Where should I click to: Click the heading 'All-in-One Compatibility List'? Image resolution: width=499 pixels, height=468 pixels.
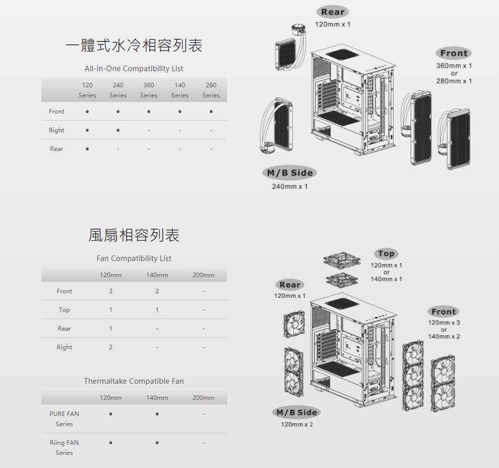click(134, 69)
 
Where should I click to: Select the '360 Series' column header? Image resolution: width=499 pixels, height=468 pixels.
click(149, 90)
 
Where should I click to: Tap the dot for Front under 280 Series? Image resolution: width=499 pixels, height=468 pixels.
click(211, 112)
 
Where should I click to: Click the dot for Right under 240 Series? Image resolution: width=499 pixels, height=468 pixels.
click(118, 130)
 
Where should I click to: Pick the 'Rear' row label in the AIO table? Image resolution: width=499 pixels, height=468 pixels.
click(57, 149)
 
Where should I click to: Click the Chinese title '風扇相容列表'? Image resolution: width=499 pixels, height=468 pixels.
click(134, 235)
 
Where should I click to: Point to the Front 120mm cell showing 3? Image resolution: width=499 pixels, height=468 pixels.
click(110, 291)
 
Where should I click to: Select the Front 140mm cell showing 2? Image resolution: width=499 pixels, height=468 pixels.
click(157, 291)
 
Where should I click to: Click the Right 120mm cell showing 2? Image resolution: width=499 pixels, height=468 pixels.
click(110, 347)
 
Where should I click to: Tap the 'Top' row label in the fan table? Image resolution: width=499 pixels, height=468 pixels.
click(64, 310)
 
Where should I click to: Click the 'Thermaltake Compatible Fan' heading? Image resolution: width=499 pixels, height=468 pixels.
click(134, 381)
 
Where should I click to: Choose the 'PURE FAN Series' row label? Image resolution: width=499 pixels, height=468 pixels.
click(64, 419)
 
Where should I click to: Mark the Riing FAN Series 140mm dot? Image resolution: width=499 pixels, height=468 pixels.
click(157, 443)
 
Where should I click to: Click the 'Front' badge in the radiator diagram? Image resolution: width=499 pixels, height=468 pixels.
click(454, 53)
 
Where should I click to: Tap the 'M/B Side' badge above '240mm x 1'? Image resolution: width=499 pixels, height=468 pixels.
click(290, 173)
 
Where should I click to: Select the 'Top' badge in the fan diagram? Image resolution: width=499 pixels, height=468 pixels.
click(386, 253)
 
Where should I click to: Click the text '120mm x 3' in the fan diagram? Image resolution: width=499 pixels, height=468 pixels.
click(444, 323)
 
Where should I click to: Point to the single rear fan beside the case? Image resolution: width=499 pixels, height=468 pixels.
click(294, 324)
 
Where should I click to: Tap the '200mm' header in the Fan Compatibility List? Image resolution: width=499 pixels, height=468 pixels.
click(203, 275)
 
